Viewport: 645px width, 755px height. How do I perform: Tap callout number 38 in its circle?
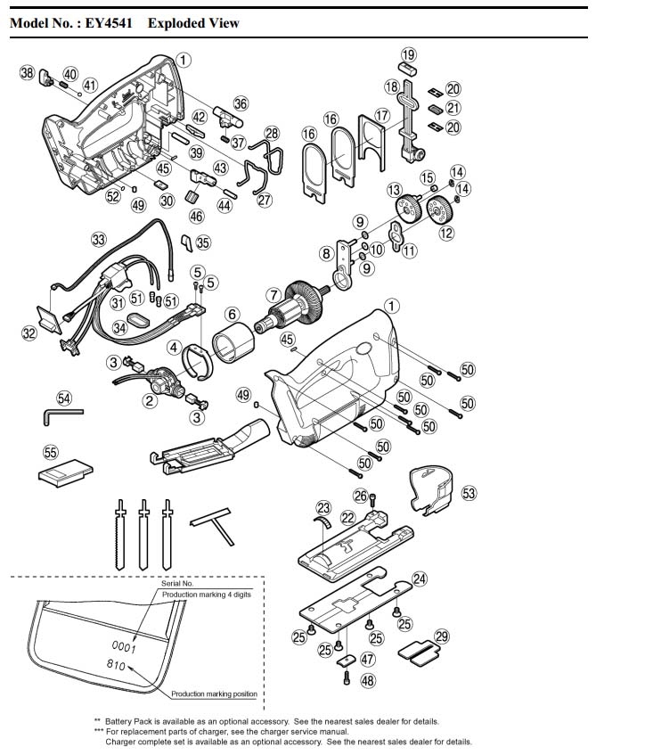point(27,72)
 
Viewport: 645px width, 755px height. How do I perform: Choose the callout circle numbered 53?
point(469,492)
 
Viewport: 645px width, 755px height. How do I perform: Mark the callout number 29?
point(441,636)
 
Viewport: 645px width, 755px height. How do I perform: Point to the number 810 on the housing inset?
point(116,665)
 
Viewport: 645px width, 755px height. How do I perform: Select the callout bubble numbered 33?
point(98,239)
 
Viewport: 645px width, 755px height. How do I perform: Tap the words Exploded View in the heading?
point(193,22)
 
